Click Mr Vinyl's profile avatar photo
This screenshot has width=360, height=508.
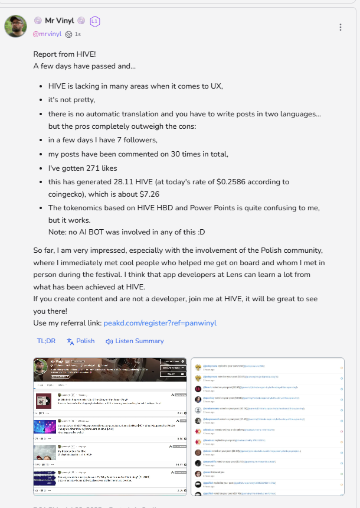tap(15, 27)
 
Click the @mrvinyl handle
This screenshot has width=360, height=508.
tap(47, 34)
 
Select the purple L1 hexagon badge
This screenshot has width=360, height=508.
tap(95, 21)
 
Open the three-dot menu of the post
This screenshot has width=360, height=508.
tap(341, 27)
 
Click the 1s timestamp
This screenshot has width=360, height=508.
tap(78, 34)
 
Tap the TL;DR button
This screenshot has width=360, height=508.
tap(46, 341)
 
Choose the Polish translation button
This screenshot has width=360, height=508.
tap(81, 341)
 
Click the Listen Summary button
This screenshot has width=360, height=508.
tap(135, 341)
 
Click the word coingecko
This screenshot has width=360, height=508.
tap(66, 194)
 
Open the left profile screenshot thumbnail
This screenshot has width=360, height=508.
tap(109, 426)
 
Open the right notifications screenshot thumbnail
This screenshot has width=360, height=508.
tap(267, 426)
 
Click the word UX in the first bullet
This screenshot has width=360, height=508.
tap(217, 86)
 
